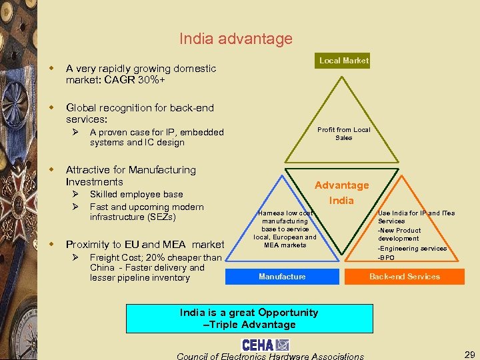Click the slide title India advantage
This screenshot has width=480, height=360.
click(235, 39)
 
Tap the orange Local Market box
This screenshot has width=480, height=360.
click(343, 61)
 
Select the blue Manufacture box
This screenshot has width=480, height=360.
click(282, 276)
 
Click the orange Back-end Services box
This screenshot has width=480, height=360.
click(404, 276)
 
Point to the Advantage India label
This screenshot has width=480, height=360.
click(341, 193)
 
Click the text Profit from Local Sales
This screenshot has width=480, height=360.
click(343, 133)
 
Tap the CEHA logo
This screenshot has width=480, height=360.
click(265, 345)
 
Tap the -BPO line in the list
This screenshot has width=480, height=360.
click(387, 257)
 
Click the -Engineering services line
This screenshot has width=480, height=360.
click(412, 248)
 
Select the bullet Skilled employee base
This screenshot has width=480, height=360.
click(136, 194)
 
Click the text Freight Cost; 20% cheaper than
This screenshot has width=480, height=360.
click(155, 257)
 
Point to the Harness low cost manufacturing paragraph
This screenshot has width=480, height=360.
click(285, 229)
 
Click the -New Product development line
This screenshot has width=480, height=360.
click(399, 234)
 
